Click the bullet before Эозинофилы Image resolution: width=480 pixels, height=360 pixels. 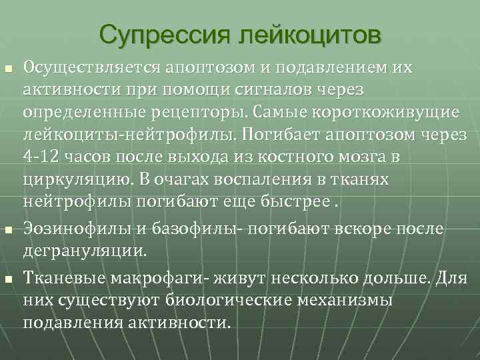pos(8,231)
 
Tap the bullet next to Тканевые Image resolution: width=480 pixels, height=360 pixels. pos(8,279)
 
